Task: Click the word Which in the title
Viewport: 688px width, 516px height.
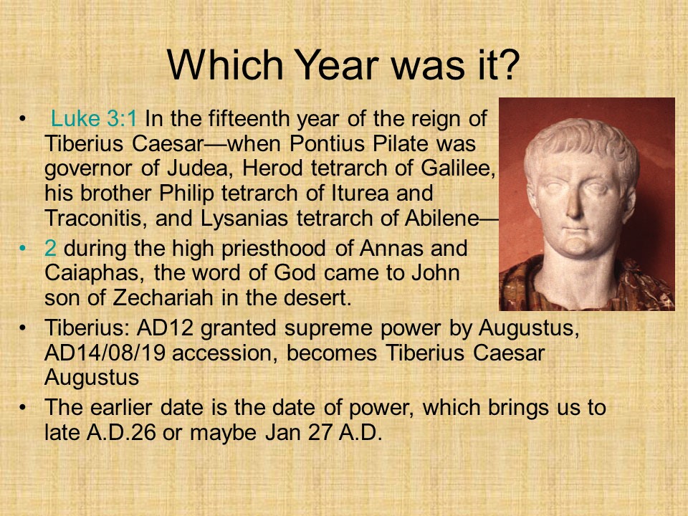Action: pos(224,65)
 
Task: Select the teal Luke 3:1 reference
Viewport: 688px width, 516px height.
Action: pos(94,118)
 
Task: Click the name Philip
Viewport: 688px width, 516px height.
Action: pos(186,193)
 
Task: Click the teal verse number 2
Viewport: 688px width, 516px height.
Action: pos(50,249)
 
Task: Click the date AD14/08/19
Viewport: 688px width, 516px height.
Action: pos(105,353)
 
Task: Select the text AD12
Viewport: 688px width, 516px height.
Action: pos(166,328)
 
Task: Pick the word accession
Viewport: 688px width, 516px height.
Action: pos(225,353)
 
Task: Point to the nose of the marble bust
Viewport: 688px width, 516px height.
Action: pos(574,206)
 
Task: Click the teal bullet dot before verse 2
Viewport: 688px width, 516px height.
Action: pos(22,249)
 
